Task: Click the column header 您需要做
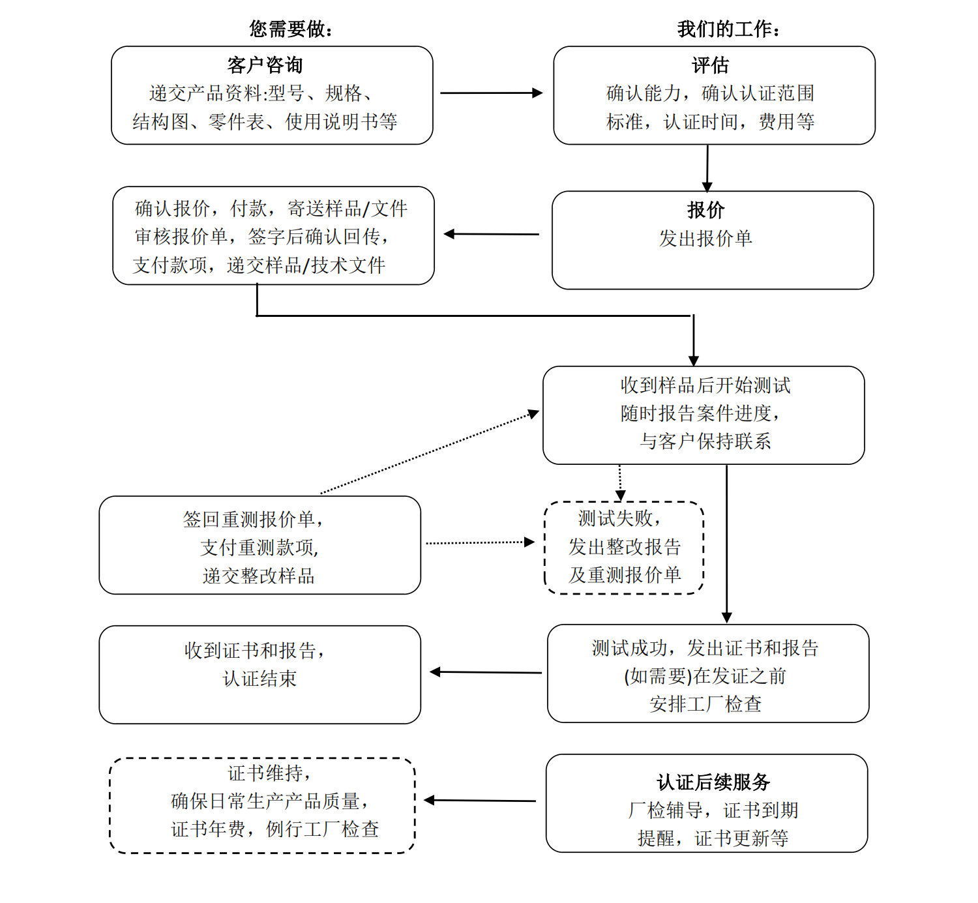click(x=291, y=29)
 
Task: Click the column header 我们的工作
click(x=728, y=29)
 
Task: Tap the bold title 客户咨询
click(x=265, y=65)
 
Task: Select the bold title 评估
click(x=710, y=65)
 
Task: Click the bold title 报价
click(x=705, y=210)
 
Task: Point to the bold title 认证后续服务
click(x=713, y=782)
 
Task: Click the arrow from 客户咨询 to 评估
click(x=491, y=93)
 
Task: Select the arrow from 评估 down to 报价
click(x=707, y=168)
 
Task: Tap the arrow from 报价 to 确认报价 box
click(x=492, y=234)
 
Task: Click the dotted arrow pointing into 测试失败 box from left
click(x=480, y=542)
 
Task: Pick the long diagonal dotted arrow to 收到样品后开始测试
click(x=430, y=452)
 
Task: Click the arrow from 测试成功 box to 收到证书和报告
click(x=486, y=672)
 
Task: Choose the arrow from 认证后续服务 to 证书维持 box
click(x=480, y=801)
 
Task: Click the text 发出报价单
click(x=705, y=239)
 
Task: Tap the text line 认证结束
click(x=259, y=679)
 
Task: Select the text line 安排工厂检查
click(x=705, y=704)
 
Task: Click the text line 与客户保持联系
click(x=705, y=441)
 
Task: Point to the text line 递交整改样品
click(x=259, y=576)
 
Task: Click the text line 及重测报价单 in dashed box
click(x=625, y=574)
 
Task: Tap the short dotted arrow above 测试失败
click(x=620, y=482)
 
